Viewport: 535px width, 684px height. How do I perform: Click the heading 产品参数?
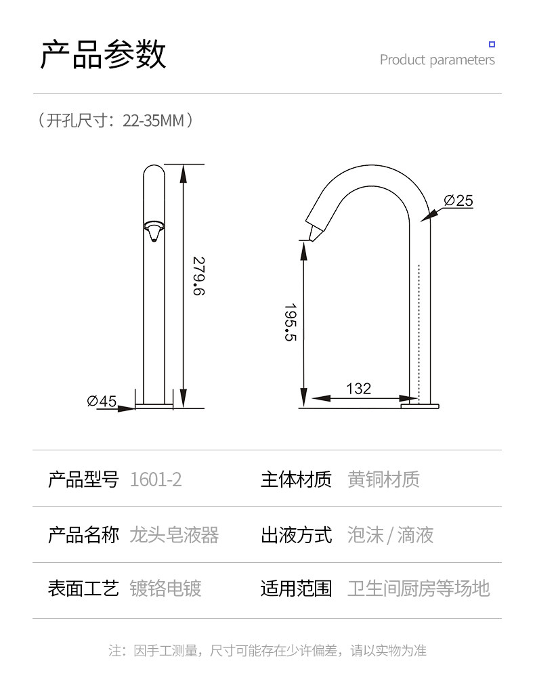[103, 55]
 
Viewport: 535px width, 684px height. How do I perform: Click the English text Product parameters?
[437, 60]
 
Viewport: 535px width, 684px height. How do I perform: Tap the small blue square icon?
[492, 45]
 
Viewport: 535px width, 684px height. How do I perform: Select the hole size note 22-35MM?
[115, 121]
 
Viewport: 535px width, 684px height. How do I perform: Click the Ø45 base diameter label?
[102, 401]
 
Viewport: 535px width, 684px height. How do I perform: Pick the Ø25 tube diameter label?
[458, 200]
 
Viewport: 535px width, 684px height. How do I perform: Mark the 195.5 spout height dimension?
[291, 322]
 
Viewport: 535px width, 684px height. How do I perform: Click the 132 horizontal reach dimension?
[358, 389]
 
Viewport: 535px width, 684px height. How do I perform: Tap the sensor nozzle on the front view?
[154, 230]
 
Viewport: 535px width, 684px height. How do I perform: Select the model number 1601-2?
[156, 479]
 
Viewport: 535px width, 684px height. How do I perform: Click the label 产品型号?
[83, 479]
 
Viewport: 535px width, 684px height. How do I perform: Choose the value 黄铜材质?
[383, 479]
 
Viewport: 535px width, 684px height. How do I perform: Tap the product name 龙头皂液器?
[174, 535]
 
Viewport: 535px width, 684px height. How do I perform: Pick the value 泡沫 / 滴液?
[390, 535]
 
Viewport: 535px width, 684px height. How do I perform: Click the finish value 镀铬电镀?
[165, 588]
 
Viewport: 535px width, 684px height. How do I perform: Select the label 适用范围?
[296, 588]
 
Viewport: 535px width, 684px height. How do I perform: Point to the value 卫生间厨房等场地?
[419, 588]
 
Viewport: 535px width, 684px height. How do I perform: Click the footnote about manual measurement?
[267, 651]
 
